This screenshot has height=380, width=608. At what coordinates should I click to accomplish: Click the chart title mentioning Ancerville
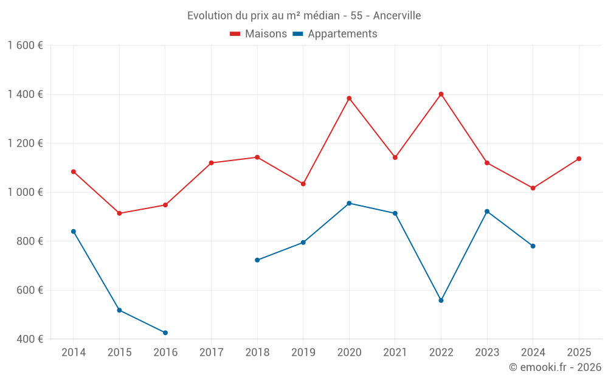point(304,15)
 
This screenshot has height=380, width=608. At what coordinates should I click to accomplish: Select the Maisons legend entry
point(258,34)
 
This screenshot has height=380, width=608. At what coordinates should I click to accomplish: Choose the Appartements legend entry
point(335,34)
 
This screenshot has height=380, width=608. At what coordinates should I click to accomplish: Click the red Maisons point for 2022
point(441,94)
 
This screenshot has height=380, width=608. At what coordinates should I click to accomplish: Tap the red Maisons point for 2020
point(349,98)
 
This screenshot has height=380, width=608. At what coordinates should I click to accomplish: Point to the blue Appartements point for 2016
point(165,333)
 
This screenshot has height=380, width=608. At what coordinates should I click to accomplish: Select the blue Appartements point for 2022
point(441,300)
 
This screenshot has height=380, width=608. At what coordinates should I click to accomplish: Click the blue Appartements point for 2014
point(74,232)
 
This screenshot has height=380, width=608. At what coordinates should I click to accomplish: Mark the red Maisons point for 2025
point(579,159)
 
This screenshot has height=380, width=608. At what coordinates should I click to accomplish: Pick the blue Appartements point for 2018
point(257,260)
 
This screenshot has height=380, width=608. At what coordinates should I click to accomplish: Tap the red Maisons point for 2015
point(119,213)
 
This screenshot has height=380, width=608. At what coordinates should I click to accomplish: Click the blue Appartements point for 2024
point(533,246)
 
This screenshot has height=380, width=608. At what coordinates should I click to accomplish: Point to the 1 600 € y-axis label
point(25,46)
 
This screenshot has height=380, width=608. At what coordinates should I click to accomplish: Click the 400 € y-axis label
point(29,339)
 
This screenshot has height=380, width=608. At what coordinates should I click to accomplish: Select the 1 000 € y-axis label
point(25,192)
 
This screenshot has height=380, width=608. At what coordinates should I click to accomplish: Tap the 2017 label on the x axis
point(211,353)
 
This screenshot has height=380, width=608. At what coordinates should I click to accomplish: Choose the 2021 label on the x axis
point(395,353)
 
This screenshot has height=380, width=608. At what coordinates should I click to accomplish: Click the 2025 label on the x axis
point(579,353)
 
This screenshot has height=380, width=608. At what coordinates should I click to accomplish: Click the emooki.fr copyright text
point(555,367)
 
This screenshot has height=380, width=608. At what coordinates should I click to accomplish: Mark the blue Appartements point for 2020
point(349,203)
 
